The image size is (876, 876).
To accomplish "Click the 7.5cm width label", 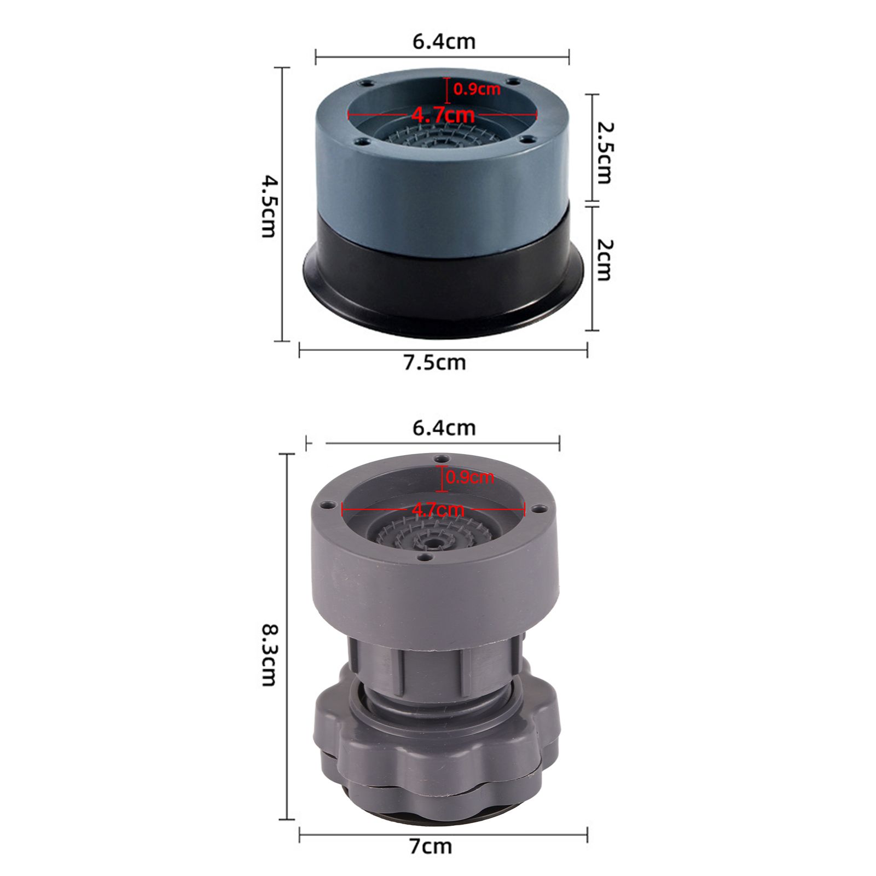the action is tap(435, 363).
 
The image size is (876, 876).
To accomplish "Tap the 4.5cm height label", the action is tap(269, 206).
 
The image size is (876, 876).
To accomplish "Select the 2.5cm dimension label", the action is tap(605, 153).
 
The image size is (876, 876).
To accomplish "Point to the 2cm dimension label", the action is tap(604, 260).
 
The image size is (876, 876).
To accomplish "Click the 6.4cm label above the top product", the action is tap(444, 42).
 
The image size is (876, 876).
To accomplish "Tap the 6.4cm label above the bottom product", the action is tap(444, 428).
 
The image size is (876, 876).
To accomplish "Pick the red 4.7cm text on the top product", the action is tap(443, 115).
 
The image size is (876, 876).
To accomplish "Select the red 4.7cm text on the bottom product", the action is tap(438, 510).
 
